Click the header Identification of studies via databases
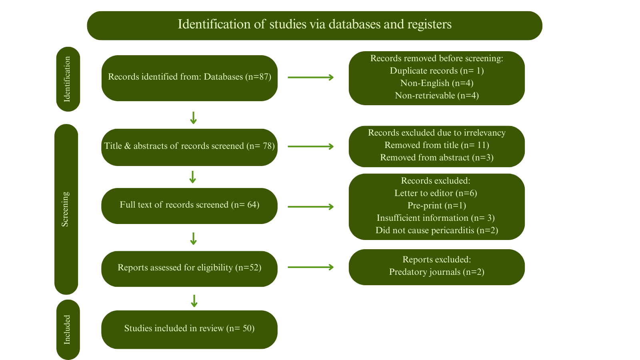click(314, 25)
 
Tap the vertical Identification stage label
click(68, 79)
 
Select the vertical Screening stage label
click(66, 209)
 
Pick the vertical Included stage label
click(68, 330)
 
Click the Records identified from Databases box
click(189, 77)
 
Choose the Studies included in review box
click(189, 329)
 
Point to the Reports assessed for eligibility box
click(189, 268)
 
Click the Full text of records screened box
click(189, 205)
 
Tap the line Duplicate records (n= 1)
click(437, 71)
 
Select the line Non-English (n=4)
click(437, 83)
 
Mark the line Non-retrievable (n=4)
click(437, 96)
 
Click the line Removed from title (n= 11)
click(437, 145)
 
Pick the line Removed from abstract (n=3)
click(437, 158)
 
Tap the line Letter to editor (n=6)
click(436, 193)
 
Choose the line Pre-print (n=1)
click(437, 206)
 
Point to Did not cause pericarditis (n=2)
click(437, 230)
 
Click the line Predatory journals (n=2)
click(437, 272)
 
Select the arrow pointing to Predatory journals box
click(311, 267)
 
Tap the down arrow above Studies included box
click(194, 301)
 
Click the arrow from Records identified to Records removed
click(311, 77)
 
